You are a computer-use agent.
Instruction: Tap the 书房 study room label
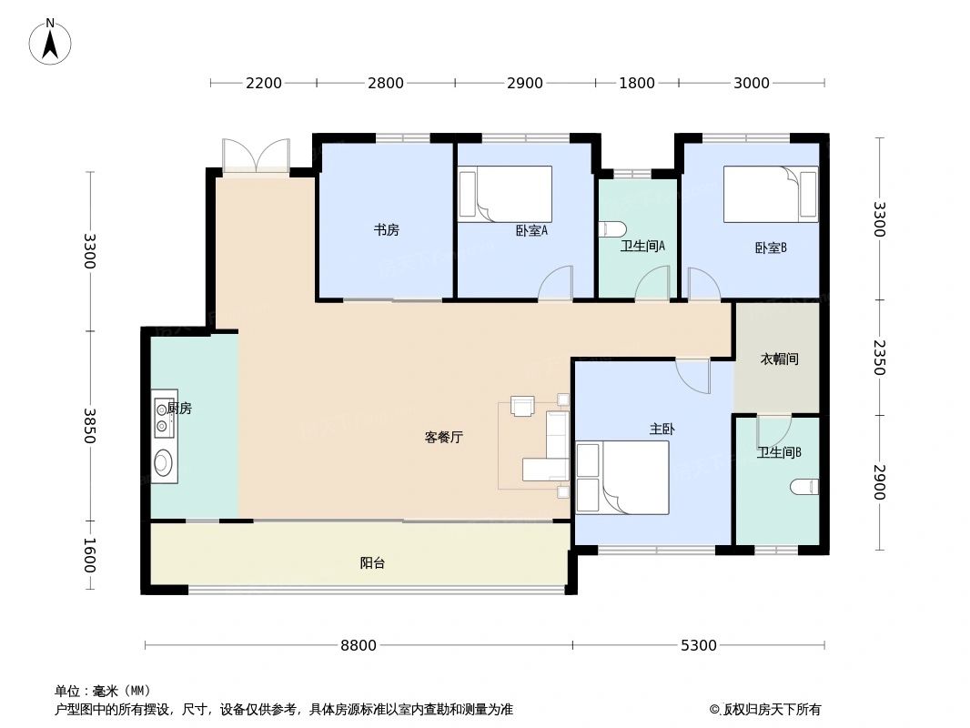(386, 230)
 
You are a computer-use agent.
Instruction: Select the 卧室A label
(531, 231)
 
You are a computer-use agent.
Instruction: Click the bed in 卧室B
(771, 194)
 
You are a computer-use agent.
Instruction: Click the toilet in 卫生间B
(804, 489)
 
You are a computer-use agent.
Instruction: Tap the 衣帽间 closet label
(779, 359)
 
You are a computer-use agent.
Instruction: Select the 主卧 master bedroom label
(662, 429)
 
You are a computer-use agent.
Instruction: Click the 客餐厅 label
(444, 438)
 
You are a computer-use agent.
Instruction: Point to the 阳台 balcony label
(372, 563)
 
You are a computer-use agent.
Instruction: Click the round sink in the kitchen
(164, 463)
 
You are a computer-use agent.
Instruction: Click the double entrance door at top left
(257, 156)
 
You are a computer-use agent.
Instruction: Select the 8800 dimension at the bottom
(359, 646)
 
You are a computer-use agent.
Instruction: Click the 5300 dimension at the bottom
(699, 646)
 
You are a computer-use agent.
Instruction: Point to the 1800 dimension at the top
(637, 84)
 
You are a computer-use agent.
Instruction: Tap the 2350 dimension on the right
(879, 358)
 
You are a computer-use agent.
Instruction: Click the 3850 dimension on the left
(89, 426)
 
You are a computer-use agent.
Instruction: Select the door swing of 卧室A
(556, 284)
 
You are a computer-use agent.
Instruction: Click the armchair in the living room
(524, 406)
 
